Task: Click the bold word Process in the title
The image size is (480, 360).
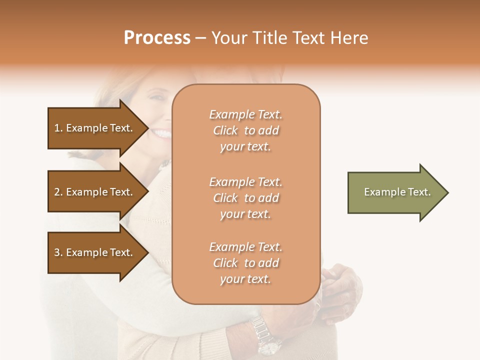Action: coord(157,38)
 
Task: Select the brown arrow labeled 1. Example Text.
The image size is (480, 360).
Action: coord(95,128)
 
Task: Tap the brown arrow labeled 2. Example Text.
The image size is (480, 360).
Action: coord(95,192)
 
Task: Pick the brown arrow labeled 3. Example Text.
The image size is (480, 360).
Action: coord(95,252)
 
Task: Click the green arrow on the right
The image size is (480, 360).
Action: coord(395,192)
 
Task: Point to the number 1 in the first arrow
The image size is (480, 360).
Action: coord(57,128)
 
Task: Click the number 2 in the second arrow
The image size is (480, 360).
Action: coord(57,192)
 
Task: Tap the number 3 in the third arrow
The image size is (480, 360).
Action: coord(57,252)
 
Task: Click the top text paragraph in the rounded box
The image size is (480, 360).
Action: coord(245,130)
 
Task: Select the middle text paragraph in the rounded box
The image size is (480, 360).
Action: coord(245,198)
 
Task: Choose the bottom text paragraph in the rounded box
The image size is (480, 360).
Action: coord(245,263)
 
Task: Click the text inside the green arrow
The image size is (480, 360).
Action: coord(397,192)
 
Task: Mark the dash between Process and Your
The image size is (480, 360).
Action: coord(200,38)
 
